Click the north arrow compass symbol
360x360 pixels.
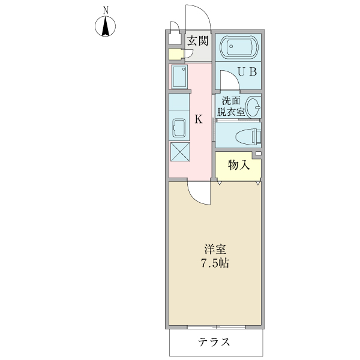(106, 27)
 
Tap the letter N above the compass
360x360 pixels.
(106, 10)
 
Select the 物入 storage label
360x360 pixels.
(238, 165)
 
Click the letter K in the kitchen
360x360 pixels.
(199, 119)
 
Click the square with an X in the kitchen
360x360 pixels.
(179, 152)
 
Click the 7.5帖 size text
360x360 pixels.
(214, 263)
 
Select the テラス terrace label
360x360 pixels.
(214, 343)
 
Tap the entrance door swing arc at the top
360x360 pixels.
(196, 15)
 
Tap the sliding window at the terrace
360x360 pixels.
(216, 328)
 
